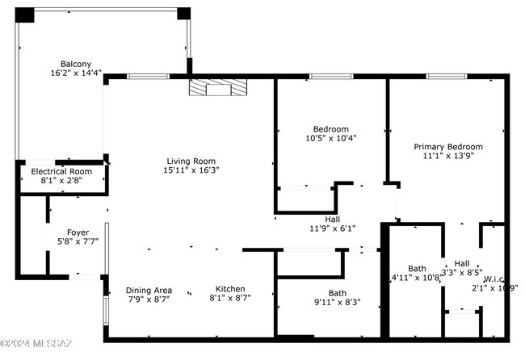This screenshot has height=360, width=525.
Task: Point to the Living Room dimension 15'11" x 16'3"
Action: pos(191,170)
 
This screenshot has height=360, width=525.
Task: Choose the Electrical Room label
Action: pos(61,172)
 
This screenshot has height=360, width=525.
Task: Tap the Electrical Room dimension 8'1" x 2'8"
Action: pos(61,182)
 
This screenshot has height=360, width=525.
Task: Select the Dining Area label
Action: pos(149,290)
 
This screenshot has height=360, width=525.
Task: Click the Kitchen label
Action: pos(230,289)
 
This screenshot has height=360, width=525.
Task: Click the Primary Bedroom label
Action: pos(448,147)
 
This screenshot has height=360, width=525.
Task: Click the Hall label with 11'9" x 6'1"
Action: pos(332,219)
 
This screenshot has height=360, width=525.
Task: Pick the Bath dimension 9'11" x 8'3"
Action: pos(338,303)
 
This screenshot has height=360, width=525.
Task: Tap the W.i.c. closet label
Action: pos(494,279)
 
